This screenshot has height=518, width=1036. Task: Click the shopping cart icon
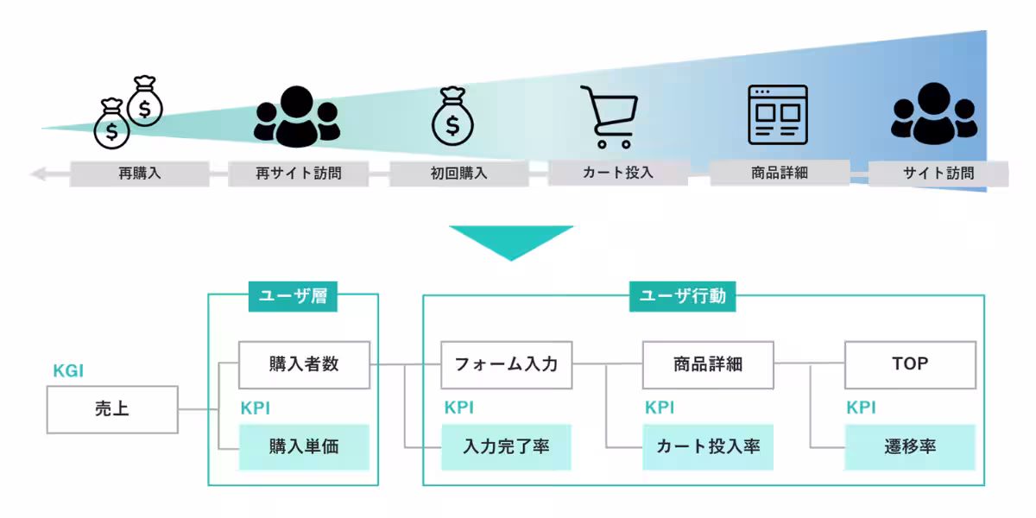pos(610,117)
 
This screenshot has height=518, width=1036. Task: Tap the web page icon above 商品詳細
pos(777,114)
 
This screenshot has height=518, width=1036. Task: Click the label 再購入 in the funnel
pos(140,173)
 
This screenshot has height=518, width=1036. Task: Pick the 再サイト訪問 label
pos(298,173)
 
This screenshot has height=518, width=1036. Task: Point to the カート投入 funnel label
pos(618,172)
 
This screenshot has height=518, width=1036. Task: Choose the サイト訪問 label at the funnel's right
pos(938,173)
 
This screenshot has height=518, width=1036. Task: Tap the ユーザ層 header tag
pos(293,297)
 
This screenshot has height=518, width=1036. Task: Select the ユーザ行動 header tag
pos(682,297)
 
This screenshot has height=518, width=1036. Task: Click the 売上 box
pos(112,409)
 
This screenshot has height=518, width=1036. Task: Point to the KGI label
pos(68,372)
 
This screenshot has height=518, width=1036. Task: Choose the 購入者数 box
pos(304,363)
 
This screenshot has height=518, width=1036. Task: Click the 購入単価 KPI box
pos(304,446)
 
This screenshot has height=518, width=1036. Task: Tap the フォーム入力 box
pos(506,363)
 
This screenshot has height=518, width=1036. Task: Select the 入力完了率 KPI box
pos(506,446)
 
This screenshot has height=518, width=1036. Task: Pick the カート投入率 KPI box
pos(708,446)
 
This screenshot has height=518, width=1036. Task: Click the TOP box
pos(910,363)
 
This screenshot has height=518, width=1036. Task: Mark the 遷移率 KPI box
pos(910,446)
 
